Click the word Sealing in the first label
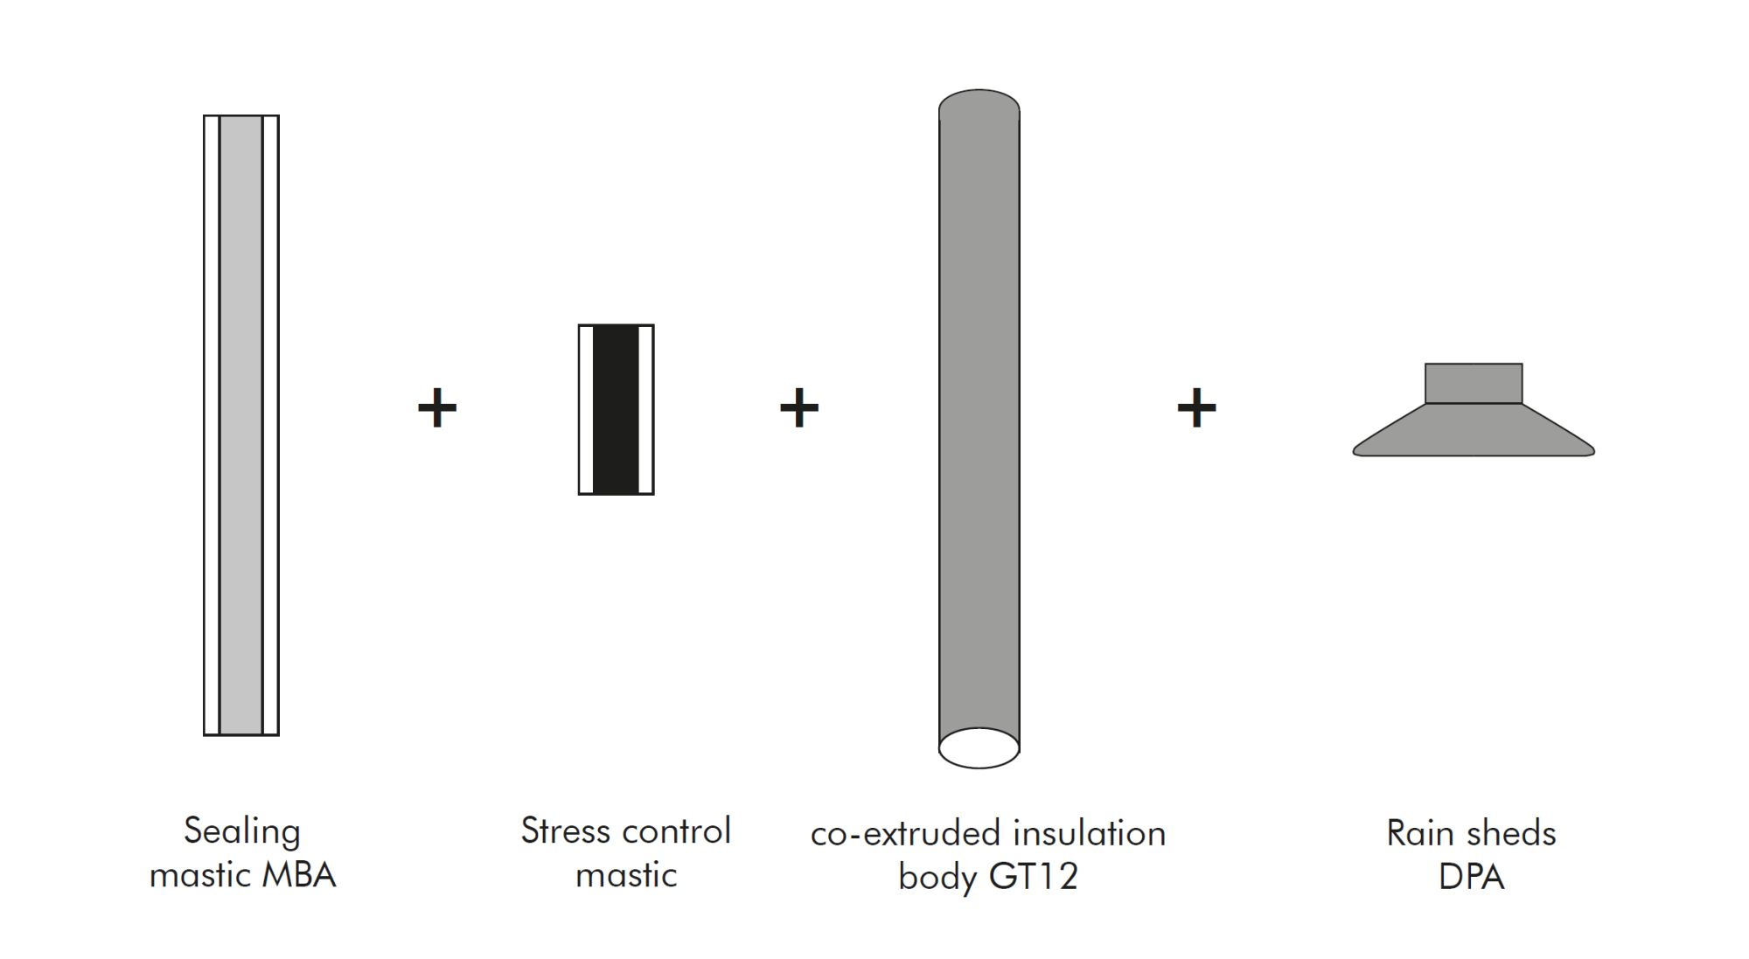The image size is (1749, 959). (242, 832)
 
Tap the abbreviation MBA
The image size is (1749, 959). (299, 875)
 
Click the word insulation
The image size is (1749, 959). (1090, 834)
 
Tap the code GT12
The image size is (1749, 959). (1033, 877)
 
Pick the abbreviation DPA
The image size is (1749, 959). (1472, 877)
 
